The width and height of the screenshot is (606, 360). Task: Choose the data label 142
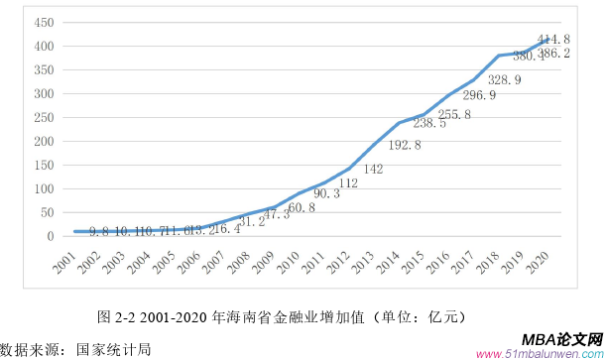point(373,170)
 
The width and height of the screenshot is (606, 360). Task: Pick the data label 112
point(348,183)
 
